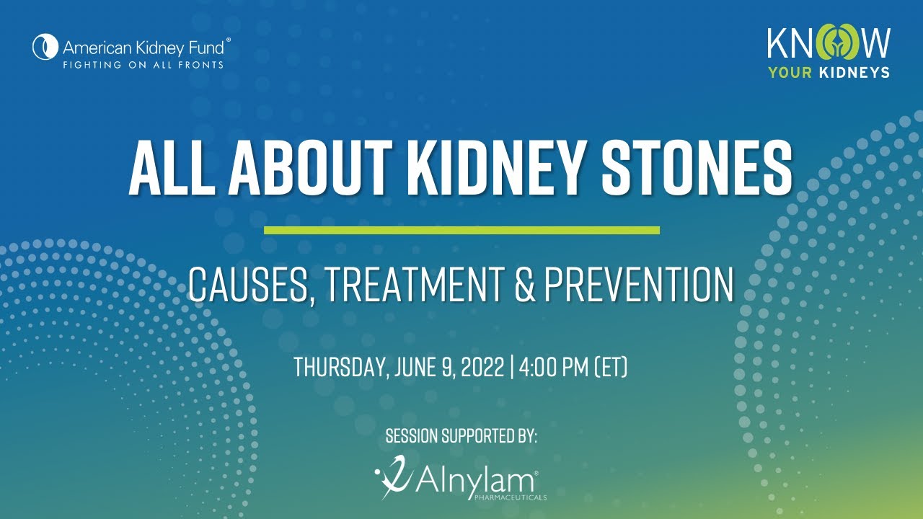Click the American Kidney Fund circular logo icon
(x=45, y=48)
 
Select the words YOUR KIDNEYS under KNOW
(x=828, y=72)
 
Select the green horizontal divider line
(x=461, y=230)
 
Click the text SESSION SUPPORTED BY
(x=461, y=436)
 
